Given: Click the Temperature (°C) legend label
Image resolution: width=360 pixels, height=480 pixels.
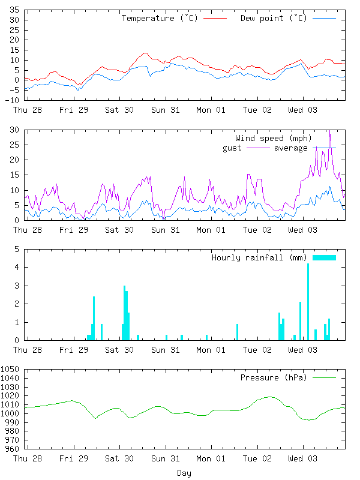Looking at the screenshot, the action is click(x=160, y=19).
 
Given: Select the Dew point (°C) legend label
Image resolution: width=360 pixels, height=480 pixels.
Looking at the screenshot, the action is click(x=274, y=19).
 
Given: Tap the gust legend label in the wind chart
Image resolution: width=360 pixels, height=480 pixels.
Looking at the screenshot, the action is click(x=232, y=148).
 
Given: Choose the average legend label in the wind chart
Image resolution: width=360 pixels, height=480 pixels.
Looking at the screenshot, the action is click(x=290, y=148).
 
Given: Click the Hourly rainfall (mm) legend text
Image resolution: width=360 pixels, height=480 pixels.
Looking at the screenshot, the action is click(x=259, y=258).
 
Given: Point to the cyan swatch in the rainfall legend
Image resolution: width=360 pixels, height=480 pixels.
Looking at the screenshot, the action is click(x=324, y=258).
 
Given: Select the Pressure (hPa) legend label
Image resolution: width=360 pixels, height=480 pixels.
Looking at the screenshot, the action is click(x=274, y=378).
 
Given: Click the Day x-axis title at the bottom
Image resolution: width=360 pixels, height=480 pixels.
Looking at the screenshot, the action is click(x=184, y=473).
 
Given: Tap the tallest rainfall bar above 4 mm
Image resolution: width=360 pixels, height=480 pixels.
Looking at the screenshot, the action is click(x=308, y=302).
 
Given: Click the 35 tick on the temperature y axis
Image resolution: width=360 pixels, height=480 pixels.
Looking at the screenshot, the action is click(x=14, y=10).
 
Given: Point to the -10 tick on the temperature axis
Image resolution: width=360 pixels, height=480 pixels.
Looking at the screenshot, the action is click(x=12, y=100).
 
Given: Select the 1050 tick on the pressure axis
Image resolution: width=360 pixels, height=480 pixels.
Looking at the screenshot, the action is click(x=10, y=369).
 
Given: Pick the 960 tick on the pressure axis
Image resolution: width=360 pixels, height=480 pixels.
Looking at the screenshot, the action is click(x=12, y=449).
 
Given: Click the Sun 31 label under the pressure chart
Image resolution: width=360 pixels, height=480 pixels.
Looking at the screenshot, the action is click(x=166, y=458).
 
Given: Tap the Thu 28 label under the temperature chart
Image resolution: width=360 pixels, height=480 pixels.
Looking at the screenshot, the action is click(x=27, y=110).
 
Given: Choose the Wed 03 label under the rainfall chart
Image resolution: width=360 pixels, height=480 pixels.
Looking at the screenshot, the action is click(x=303, y=350).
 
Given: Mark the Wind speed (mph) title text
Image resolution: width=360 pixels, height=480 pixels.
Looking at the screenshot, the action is click(x=274, y=139).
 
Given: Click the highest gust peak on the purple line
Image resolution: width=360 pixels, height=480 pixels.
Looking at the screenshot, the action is click(x=329, y=131).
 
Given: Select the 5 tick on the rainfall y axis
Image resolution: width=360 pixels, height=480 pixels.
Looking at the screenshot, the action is click(x=17, y=249).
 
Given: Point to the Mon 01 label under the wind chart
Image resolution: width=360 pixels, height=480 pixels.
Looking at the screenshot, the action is click(x=211, y=230).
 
